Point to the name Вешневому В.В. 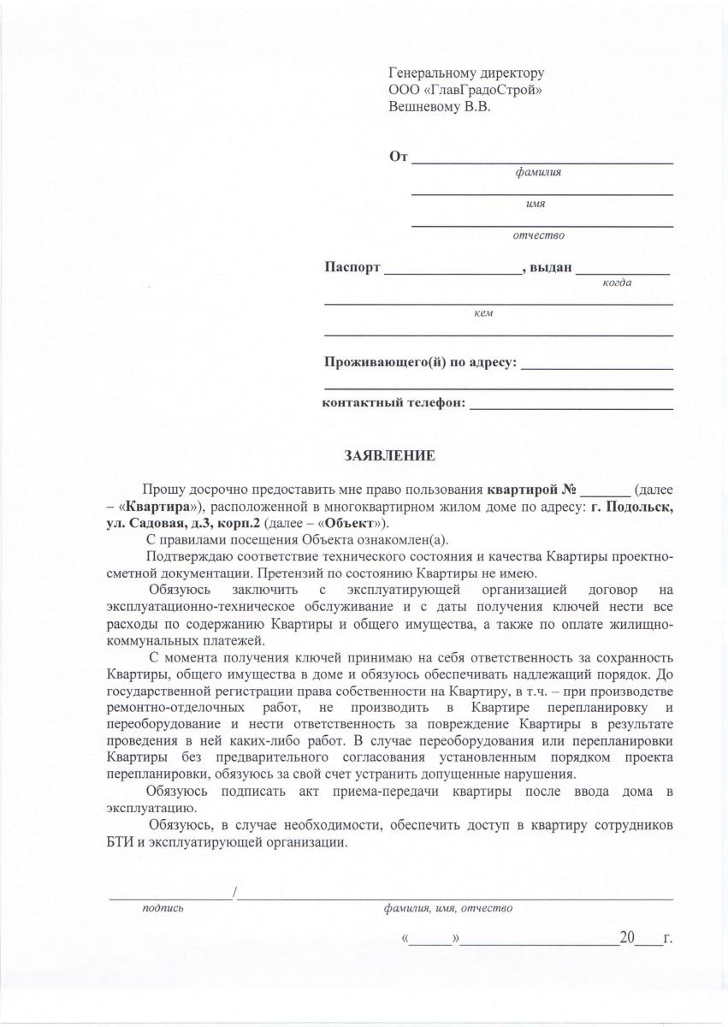tap(440, 107)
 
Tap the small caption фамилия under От tap(537, 172)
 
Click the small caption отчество tap(537, 234)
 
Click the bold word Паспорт tap(352, 267)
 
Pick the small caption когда tap(616, 282)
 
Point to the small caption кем tap(482, 313)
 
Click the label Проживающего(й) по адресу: tap(420, 362)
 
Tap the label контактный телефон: tap(394, 402)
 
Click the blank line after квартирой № tap(605, 491)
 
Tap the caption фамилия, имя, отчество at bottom tap(447, 908)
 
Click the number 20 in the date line tap(627, 938)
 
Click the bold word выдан tap(550, 267)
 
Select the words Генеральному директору tap(465, 74)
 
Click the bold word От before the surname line tap(397, 157)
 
